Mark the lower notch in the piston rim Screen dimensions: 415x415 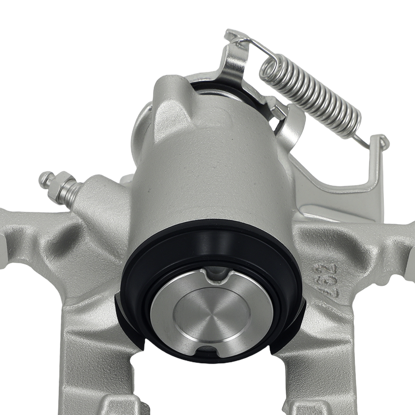click(x=206, y=350)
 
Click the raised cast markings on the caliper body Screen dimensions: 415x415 click(x=325, y=279)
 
